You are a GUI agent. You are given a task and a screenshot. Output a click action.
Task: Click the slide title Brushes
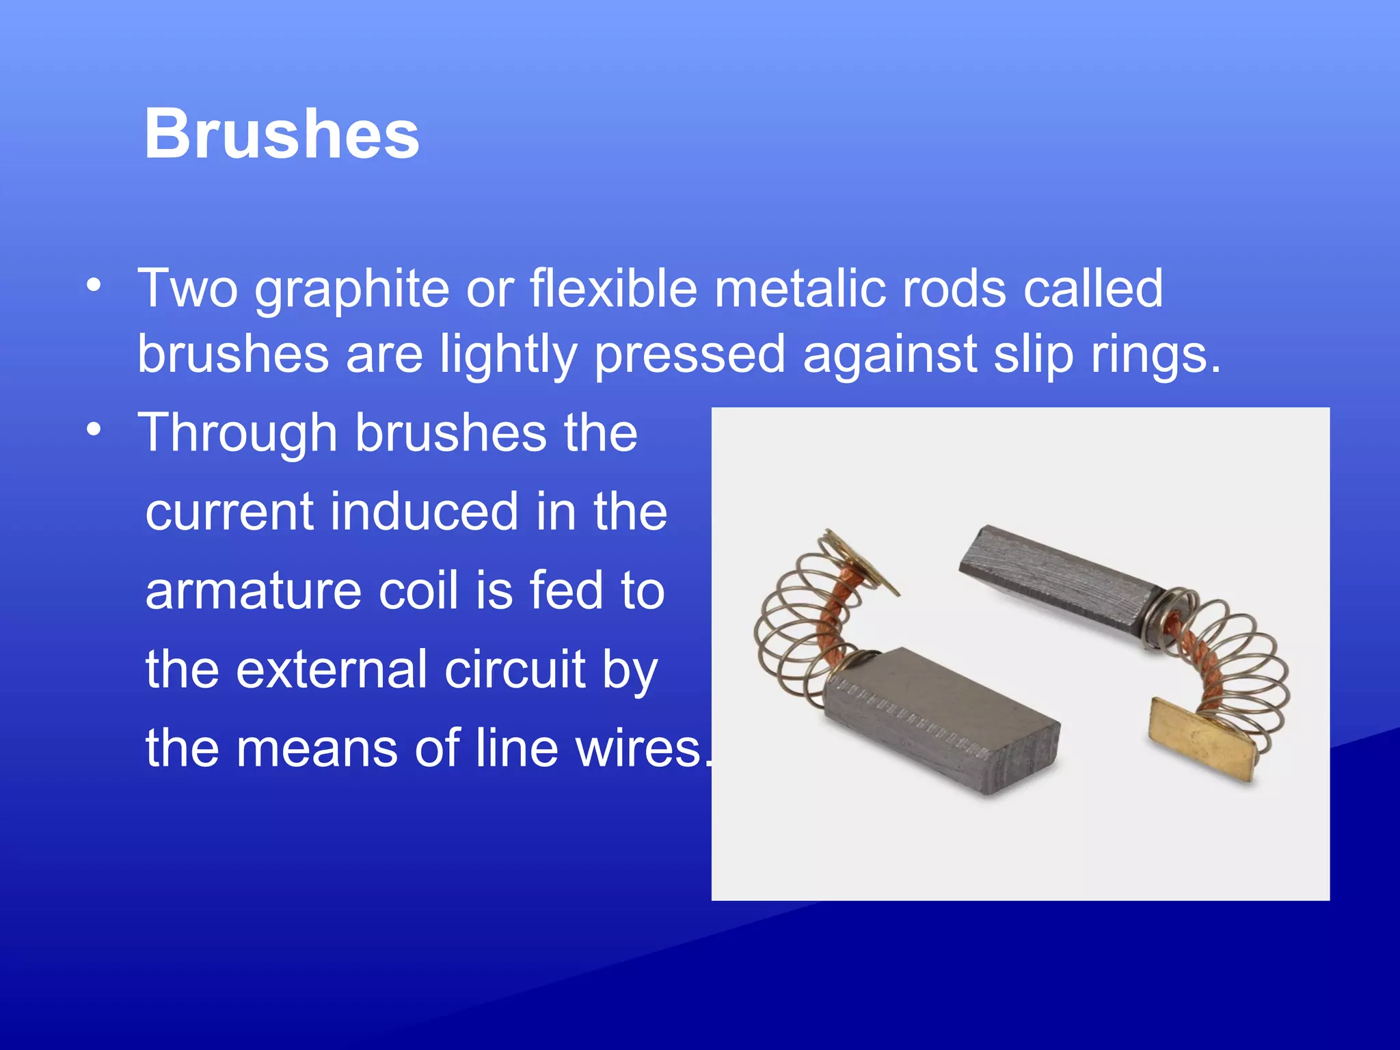tap(281, 135)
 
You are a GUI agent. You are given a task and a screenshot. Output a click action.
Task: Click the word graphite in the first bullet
tap(351, 290)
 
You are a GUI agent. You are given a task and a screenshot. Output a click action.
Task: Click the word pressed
tap(690, 355)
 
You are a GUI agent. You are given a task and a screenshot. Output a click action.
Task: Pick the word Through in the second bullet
tap(237, 433)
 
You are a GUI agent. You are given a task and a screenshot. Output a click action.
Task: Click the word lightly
tap(507, 355)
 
